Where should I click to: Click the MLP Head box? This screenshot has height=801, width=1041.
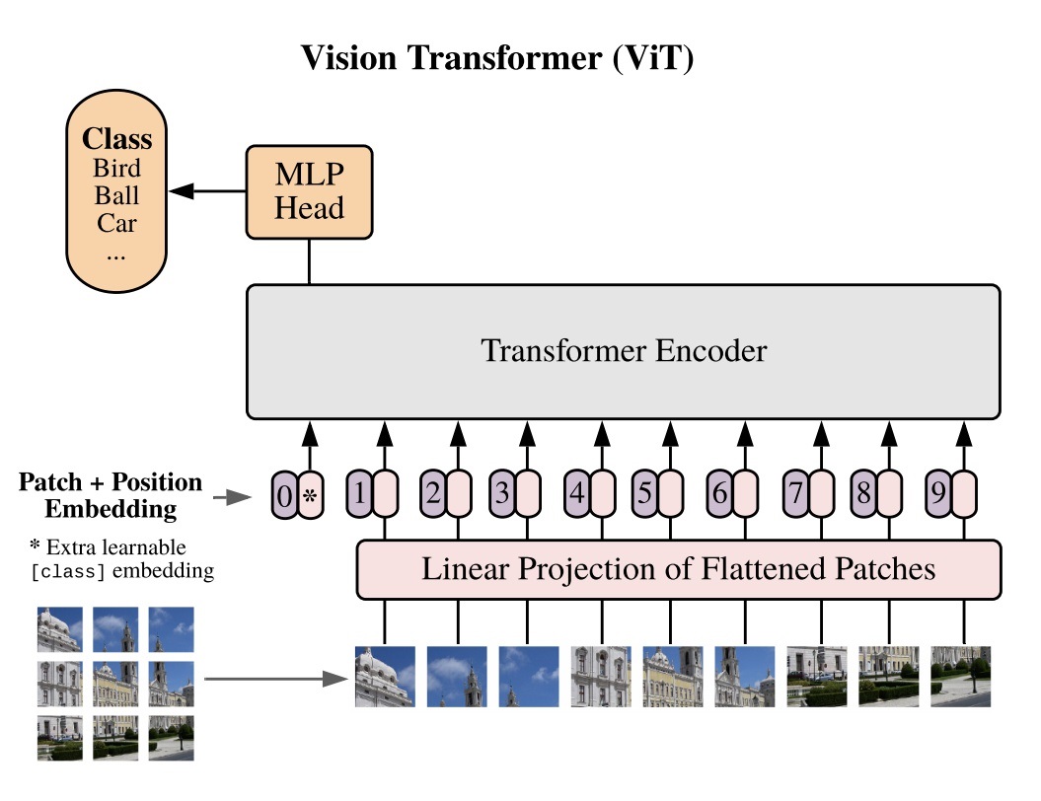click(x=310, y=192)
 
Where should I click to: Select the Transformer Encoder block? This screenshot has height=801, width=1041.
click(x=623, y=351)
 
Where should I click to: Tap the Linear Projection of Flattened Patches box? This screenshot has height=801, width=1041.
click(x=678, y=569)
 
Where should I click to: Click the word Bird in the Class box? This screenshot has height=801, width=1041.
click(x=117, y=167)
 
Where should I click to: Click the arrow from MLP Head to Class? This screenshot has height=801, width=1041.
click(x=205, y=192)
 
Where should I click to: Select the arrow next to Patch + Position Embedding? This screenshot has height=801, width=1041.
click(x=235, y=497)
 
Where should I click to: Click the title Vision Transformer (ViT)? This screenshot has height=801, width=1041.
click(x=498, y=59)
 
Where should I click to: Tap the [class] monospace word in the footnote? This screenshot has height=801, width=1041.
click(x=68, y=572)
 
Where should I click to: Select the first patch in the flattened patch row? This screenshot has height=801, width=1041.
click(x=385, y=677)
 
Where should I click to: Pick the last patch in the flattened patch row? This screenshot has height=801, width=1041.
click(x=961, y=677)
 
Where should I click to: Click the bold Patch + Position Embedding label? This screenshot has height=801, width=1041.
click(x=111, y=496)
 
